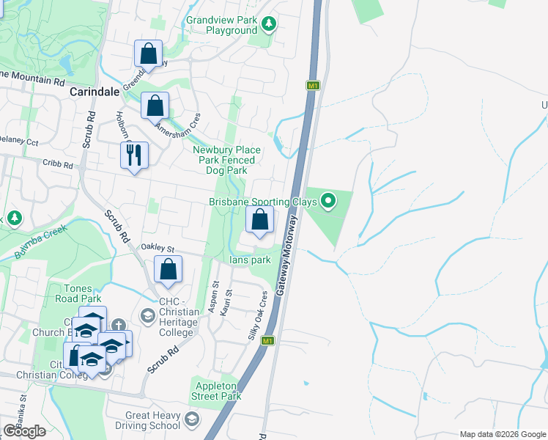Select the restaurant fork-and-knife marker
point(134,155)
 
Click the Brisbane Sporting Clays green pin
point(328,199)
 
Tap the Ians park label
point(250,260)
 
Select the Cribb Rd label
point(58,165)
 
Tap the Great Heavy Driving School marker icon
point(193,419)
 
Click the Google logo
point(24,430)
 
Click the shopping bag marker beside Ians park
point(259,219)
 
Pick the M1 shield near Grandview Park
point(313,86)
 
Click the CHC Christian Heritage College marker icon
point(147,315)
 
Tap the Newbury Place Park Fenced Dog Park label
point(224,160)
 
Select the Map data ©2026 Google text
point(503,434)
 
